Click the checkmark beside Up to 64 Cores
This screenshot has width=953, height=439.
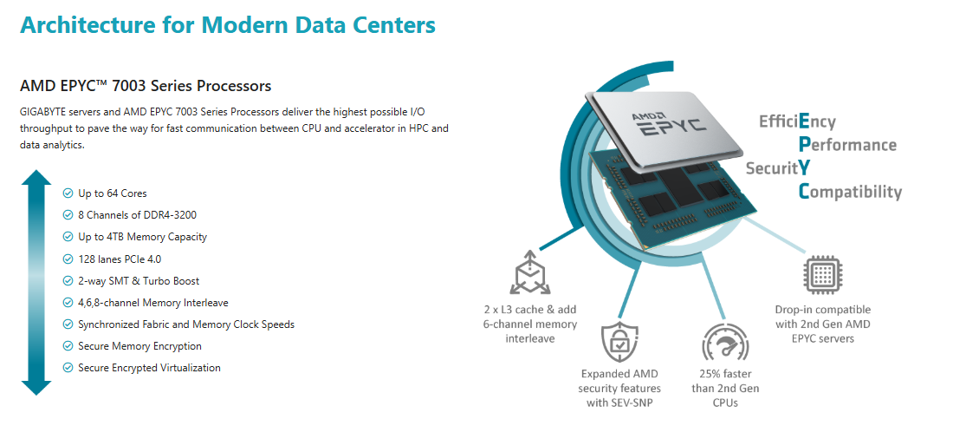tap(68, 193)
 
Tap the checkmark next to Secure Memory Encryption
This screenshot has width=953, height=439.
tap(68, 346)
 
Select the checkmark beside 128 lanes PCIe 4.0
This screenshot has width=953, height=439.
tap(68, 259)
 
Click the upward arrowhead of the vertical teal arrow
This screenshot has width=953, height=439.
tap(36, 178)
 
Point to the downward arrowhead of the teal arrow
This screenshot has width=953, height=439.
tap(36, 387)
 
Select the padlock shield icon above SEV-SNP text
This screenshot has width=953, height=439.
tap(619, 342)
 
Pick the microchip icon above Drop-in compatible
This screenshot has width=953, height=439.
tap(822, 276)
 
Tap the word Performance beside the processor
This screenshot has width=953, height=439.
tap(847, 145)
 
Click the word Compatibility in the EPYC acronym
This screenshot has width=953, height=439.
tap(850, 192)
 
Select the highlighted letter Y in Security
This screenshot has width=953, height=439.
tap(803, 167)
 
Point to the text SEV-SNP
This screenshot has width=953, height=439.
tap(633, 403)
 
